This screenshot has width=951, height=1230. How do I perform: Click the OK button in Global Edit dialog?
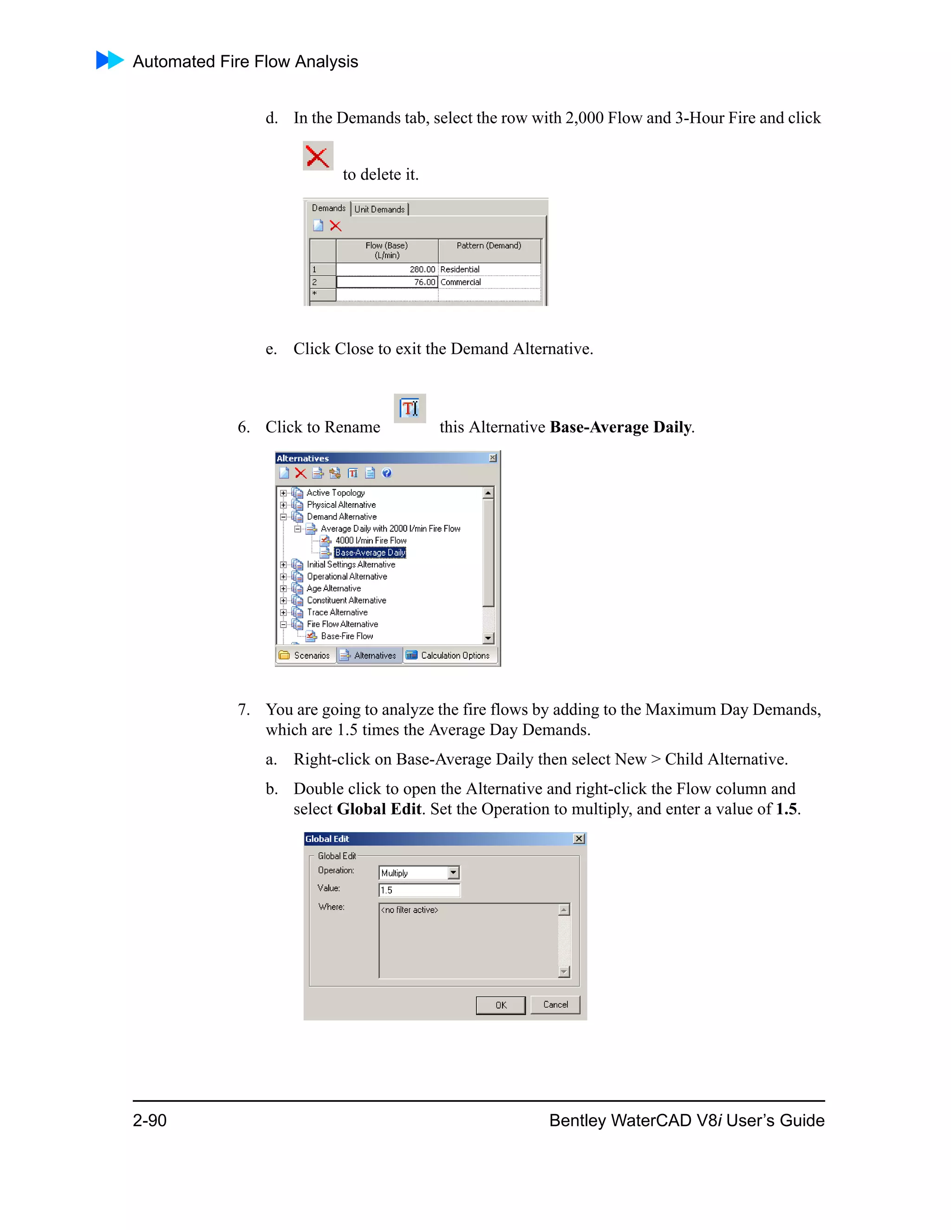pos(500,1005)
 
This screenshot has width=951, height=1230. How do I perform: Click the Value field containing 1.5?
pos(418,890)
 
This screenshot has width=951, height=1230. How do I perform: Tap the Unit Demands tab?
pos(379,209)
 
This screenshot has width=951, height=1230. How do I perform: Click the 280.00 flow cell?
pos(387,270)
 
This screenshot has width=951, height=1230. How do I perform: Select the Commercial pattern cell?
pos(489,282)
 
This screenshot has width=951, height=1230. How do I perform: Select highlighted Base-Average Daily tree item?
pos(370,552)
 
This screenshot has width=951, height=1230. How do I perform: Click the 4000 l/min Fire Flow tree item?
pos(371,541)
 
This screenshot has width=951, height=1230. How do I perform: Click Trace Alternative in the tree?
pos(337,612)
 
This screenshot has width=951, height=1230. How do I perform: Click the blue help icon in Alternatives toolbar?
pos(386,473)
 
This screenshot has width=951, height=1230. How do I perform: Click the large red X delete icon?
pos(318,156)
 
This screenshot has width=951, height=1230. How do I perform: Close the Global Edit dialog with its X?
pos(579,839)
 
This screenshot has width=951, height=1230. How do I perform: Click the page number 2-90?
pos(150,1120)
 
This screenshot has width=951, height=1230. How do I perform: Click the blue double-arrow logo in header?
pos(110,60)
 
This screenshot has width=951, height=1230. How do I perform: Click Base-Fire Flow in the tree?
pos(346,636)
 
